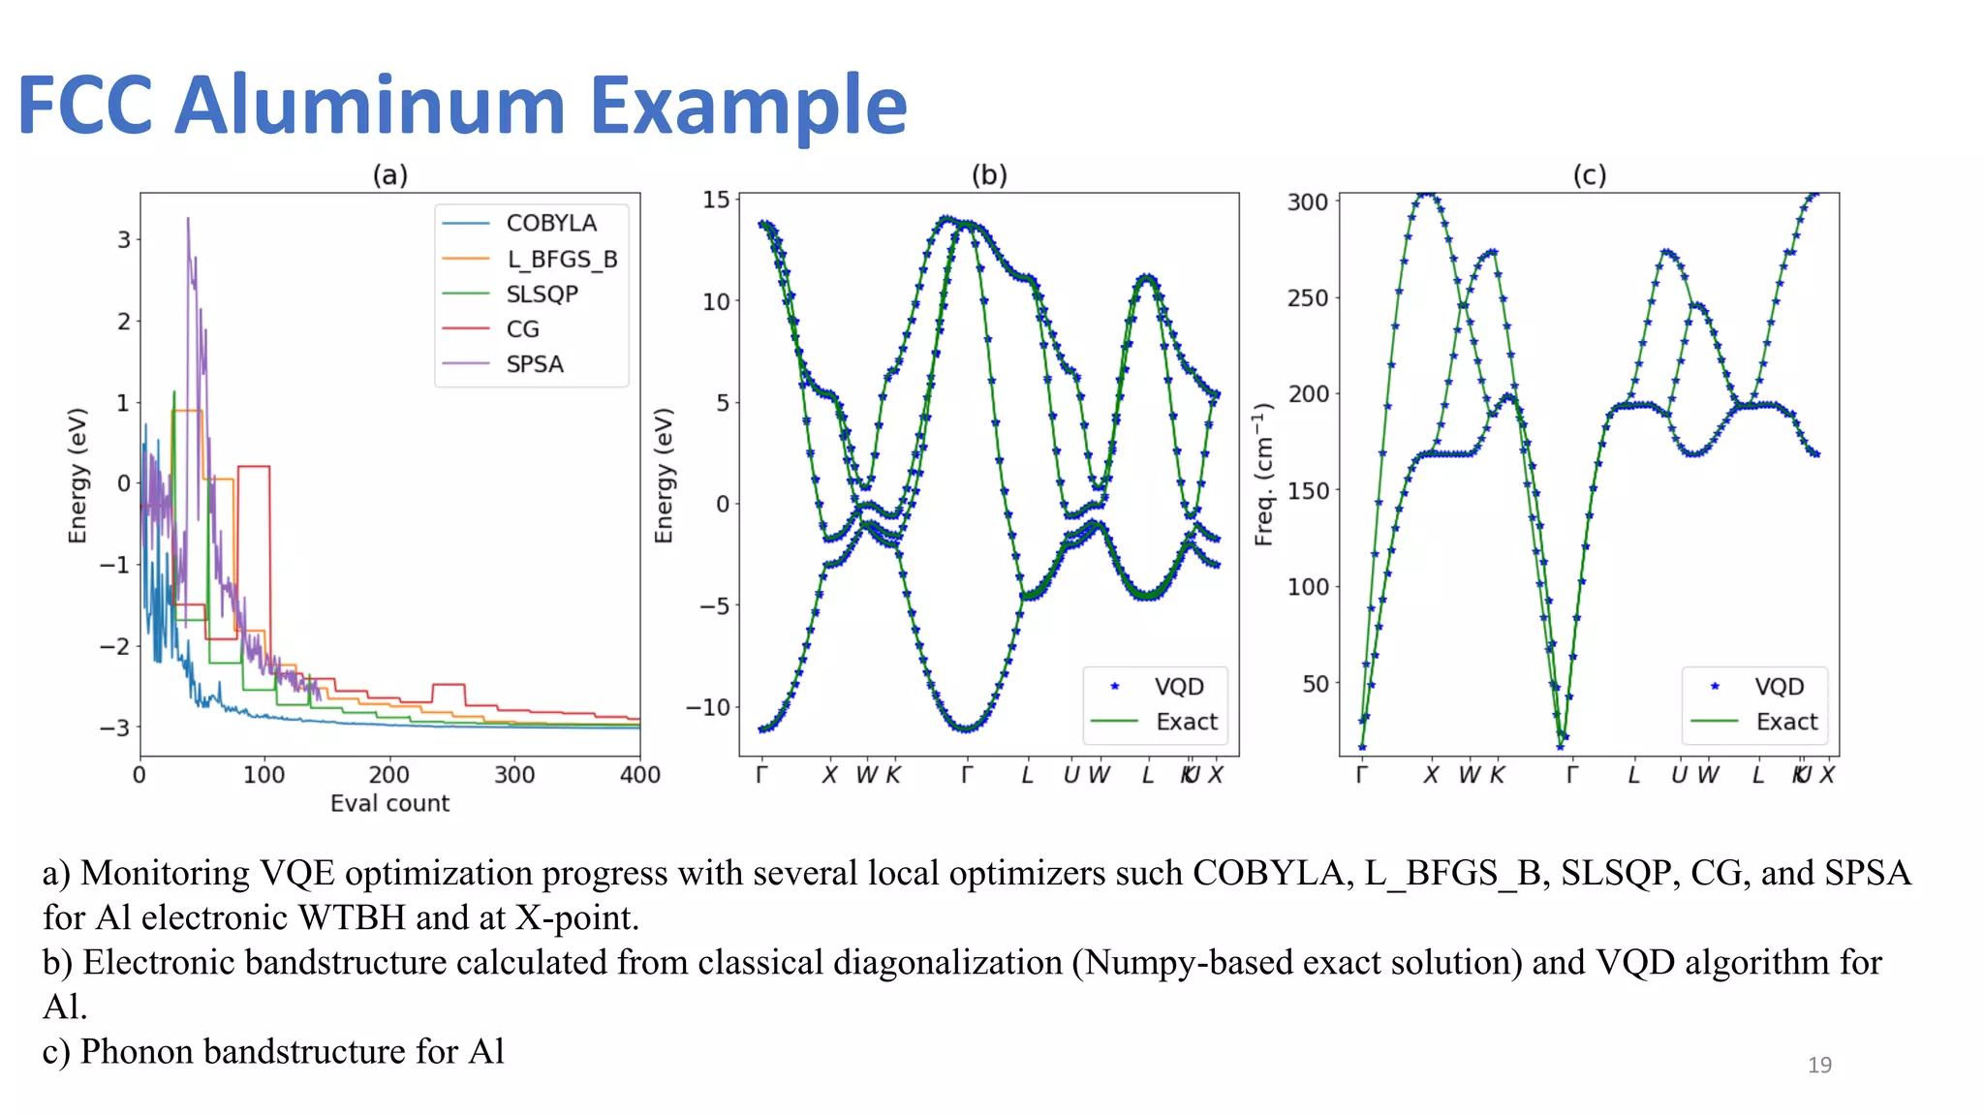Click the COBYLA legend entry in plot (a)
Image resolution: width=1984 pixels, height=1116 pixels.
coord(550,223)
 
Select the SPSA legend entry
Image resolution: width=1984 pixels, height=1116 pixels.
coord(534,364)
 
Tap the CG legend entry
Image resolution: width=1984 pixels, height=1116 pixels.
coord(522,329)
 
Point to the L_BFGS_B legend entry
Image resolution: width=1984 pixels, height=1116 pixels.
coord(561,259)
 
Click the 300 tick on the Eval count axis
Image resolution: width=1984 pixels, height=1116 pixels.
coord(514,775)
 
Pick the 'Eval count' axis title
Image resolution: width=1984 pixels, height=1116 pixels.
coord(389,803)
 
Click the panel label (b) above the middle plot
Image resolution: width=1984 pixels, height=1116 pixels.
coord(989,175)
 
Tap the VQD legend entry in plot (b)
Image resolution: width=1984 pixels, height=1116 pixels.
coord(1178,687)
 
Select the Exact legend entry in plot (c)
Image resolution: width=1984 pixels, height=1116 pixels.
coord(1785,722)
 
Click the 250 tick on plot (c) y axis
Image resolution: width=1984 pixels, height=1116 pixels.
coord(1307,298)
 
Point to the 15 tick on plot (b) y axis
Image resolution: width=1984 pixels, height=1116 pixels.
coord(716,200)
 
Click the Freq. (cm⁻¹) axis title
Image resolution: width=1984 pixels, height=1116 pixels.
coord(1263,474)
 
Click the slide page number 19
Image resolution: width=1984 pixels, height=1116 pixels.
coord(1818,1065)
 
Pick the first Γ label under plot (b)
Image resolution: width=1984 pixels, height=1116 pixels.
coord(761,775)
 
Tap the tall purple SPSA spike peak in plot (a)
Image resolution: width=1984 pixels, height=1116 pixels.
coord(188,220)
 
